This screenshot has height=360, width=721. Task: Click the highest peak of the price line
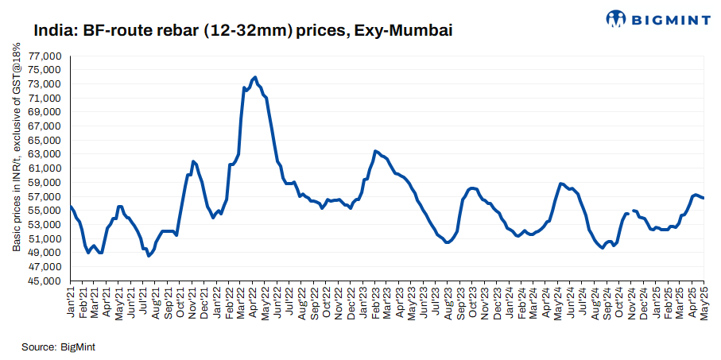coord(254,77)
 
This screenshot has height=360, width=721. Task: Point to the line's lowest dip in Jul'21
coord(149,256)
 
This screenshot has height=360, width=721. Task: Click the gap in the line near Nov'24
coord(630,212)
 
